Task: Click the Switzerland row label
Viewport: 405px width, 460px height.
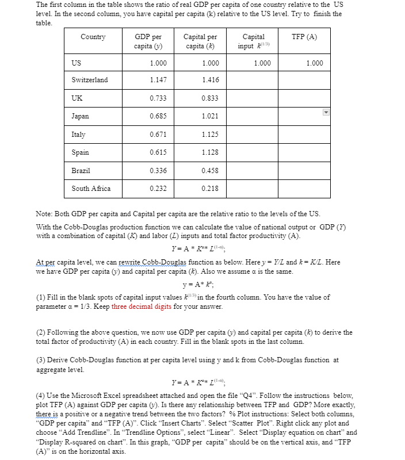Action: click(x=89, y=80)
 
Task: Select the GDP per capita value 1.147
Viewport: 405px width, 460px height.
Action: click(x=159, y=80)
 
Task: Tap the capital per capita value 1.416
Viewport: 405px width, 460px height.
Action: click(x=210, y=80)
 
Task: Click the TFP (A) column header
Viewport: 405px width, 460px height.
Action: click(x=304, y=37)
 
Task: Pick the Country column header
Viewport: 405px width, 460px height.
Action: click(x=93, y=37)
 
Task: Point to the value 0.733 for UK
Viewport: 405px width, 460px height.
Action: click(x=159, y=98)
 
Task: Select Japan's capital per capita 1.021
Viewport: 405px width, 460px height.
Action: click(x=210, y=116)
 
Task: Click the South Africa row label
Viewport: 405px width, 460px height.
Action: click(x=91, y=189)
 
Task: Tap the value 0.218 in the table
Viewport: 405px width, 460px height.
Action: click(x=210, y=189)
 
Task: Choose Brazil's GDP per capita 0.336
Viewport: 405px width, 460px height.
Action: click(x=159, y=171)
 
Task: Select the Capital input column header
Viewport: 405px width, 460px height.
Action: click(x=254, y=41)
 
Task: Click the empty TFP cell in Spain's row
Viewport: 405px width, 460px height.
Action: click(x=304, y=152)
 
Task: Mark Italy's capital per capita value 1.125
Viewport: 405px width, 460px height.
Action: click(x=210, y=135)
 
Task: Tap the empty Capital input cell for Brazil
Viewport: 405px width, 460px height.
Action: click(x=254, y=171)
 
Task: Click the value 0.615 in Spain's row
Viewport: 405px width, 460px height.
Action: click(x=159, y=152)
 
